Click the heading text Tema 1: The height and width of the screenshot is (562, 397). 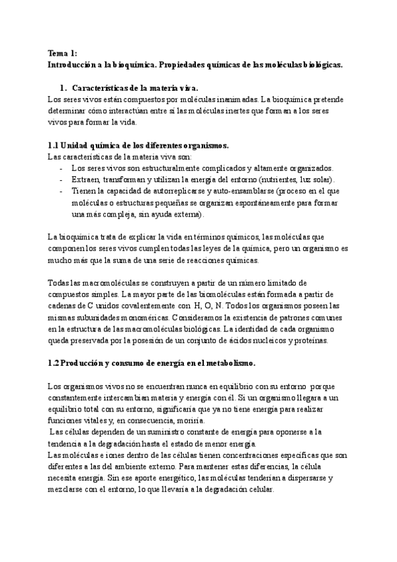[x=64, y=54]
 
